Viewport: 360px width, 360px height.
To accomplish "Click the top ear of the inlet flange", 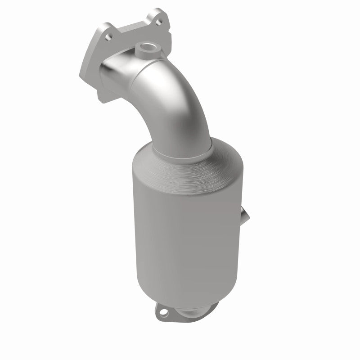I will [157, 16].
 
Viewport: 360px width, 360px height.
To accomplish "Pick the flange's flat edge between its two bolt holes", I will [130, 27].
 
